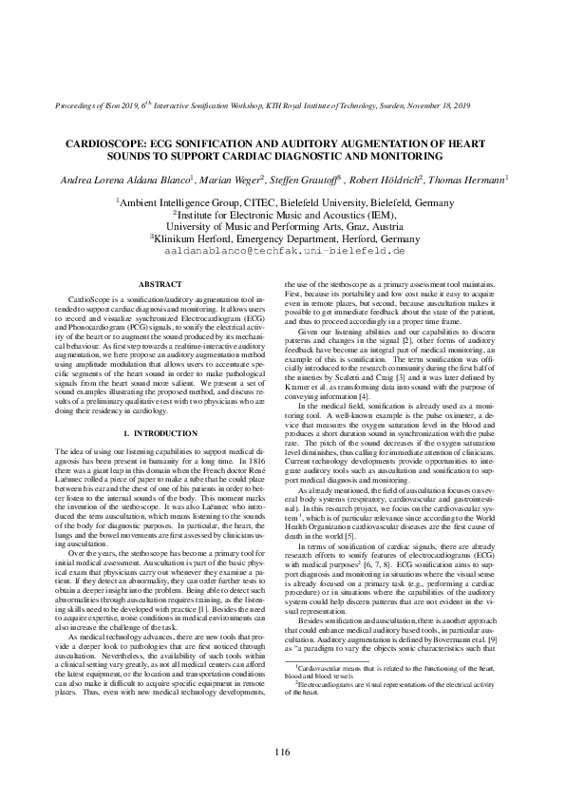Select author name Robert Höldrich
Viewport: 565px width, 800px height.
point(394,178)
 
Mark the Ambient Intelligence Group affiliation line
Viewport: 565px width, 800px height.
point(282,201)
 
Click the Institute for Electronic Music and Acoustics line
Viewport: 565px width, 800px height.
point(282,214)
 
